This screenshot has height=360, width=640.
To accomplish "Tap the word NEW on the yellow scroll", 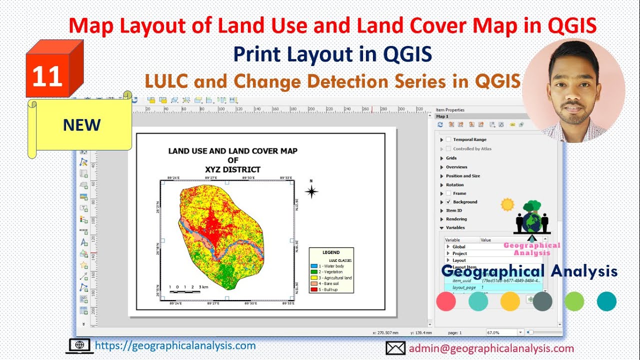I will [81, 125].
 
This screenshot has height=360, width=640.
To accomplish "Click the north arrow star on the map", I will [311, 191].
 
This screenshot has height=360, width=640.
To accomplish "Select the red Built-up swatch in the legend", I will [314, 289].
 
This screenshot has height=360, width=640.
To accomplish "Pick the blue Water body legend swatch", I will [314, 266].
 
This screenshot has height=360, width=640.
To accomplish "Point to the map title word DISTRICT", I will [239, 169].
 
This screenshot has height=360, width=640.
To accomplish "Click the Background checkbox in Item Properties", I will [448, 202].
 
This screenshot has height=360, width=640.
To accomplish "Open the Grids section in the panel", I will [451, 158].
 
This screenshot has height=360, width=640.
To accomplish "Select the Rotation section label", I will [454, 185].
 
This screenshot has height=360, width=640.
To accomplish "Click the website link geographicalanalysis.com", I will [175, 345].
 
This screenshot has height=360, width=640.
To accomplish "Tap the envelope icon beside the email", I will [395, 348].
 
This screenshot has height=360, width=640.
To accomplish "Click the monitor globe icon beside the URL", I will [79, 345].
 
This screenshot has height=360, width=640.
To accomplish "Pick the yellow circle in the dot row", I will [510, 301].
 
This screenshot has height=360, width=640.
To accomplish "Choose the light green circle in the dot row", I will [574, 301].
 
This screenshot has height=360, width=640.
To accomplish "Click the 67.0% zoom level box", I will [501, 332].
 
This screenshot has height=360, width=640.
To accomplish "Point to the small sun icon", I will [507, 204].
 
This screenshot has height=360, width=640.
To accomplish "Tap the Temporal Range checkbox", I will [448, 139].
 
